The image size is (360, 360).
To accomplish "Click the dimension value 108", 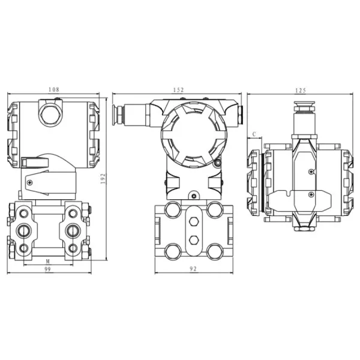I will tap(53, 89).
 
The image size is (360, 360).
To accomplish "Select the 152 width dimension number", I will tap(178, 89).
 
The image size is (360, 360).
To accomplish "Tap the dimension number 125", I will tap(301, 90).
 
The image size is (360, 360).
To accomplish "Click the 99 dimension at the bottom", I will tap(47, 270).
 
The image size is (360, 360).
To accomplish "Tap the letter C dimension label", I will tap(254, 133).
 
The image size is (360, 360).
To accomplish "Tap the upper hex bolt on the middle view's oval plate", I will tap(194, 222).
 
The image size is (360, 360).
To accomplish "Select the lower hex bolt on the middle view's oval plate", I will tap(194, 240).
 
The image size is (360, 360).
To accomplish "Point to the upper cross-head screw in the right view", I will tap(310, 173).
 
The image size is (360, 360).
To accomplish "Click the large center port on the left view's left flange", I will tap(25, 229).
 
